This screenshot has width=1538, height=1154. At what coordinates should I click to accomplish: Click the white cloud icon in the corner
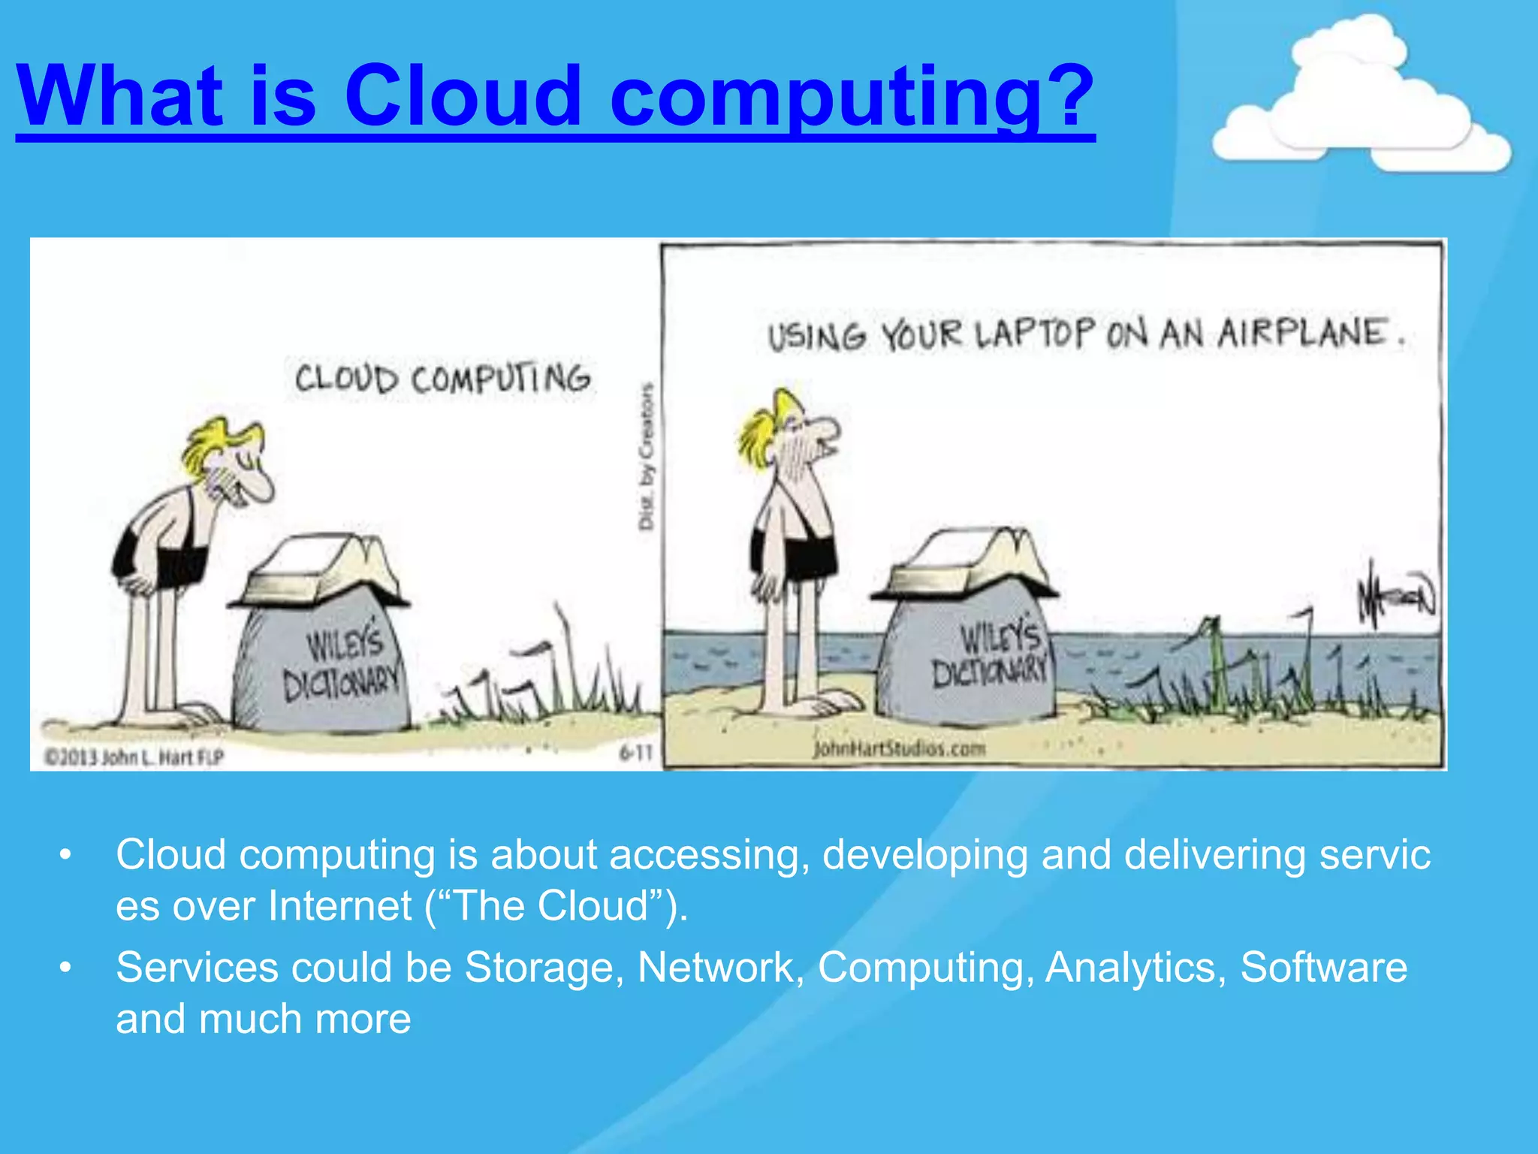pyautogui.click(x=1359, y=101)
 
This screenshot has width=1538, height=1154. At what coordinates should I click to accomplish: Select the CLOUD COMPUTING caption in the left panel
pyautogui.click(x=442, y=379)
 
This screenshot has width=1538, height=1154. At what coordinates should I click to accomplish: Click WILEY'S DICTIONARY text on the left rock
pyautogui.click(x=342, y=665)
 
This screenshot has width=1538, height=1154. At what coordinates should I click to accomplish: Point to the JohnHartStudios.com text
pyautogui.click(x=898, y=748)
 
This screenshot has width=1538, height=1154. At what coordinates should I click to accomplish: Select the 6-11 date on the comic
pyautogui.click(x=635, y=752)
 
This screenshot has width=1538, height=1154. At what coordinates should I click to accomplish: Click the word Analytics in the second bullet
pyautogui.click(x=1130, y=967)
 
